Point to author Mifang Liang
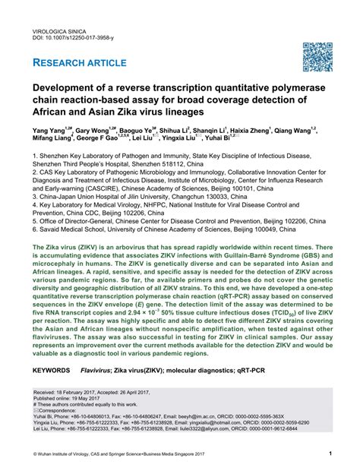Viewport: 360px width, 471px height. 51,141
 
